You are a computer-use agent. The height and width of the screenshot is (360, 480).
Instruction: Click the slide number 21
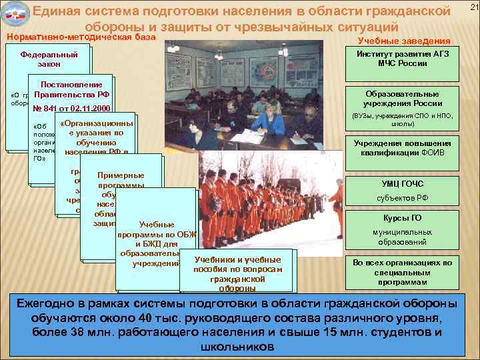474,7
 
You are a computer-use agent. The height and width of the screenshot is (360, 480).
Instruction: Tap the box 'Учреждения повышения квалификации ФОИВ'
403,148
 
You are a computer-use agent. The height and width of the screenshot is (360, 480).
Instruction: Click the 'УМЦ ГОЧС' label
403,183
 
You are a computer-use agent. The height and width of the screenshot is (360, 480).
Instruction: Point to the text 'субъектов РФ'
403,198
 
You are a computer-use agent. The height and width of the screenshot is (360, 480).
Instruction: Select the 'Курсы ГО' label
403,217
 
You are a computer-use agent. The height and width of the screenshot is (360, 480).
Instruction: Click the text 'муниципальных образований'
403,237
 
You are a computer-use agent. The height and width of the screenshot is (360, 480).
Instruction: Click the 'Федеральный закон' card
49,59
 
